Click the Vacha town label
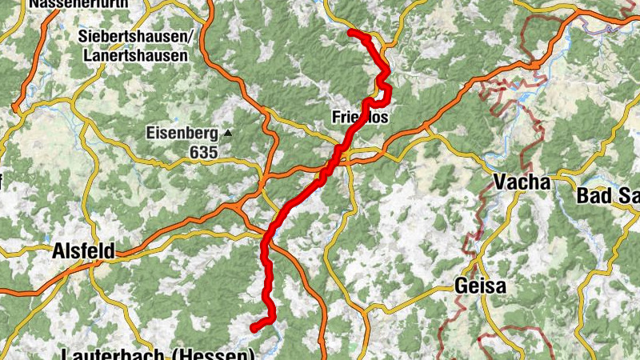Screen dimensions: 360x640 [522, 182]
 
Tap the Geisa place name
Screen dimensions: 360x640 [482, 286]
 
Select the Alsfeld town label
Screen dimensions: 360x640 [82, 251]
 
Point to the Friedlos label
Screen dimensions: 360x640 [359, 118]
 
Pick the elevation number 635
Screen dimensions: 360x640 [204, 150]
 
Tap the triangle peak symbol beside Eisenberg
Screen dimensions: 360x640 [228, 133]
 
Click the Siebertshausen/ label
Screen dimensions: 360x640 [137, 37]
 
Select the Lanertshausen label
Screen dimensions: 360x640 [134, 56]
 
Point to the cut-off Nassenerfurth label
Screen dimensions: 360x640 [79, 3]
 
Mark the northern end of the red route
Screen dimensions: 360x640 [351, 32]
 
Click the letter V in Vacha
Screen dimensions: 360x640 [501, 182]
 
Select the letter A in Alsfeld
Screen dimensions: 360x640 [58, 251]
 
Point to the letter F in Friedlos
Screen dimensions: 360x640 [336, 118]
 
